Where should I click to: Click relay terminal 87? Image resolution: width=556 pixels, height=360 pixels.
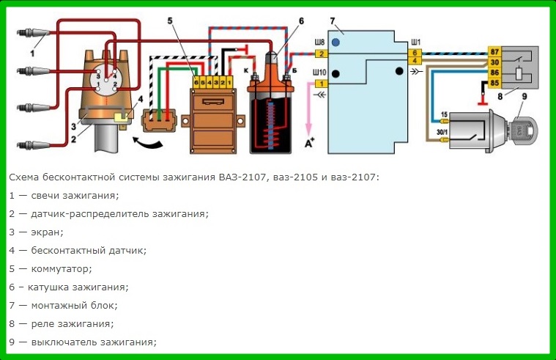(494, 52)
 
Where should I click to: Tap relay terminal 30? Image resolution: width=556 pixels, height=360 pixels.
(494, 62)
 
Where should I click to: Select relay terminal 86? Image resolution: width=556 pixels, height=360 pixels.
(494, 73)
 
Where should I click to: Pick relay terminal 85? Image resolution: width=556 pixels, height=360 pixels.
(494, 83)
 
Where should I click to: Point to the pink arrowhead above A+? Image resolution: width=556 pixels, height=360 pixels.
(309, 129)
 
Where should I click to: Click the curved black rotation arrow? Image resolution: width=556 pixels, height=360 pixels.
(147, 142)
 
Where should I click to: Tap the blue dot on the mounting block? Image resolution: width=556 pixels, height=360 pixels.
(336, 43)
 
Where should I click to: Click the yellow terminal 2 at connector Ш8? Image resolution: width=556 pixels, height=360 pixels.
(322, 54)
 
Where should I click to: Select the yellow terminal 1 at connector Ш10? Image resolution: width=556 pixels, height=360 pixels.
(322, 84)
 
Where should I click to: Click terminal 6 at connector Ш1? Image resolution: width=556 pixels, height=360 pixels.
(414, 54)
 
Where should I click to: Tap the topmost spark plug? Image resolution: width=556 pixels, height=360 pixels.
(33, 33)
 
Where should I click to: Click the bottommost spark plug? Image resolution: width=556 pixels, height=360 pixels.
(33, 145)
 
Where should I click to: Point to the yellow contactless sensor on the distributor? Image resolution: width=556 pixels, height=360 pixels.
(121, 117)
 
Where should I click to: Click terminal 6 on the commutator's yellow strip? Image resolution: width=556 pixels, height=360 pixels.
(196, 82)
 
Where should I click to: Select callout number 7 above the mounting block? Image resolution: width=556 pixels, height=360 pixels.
(333, 21)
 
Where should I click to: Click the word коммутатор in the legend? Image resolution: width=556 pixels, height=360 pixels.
(62, 269)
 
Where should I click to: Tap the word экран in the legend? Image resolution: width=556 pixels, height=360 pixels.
(47, 232)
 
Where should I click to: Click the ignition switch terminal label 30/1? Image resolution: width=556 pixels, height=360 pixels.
(442, 132)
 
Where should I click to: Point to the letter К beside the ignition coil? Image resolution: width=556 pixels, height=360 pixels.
(245, 70)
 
